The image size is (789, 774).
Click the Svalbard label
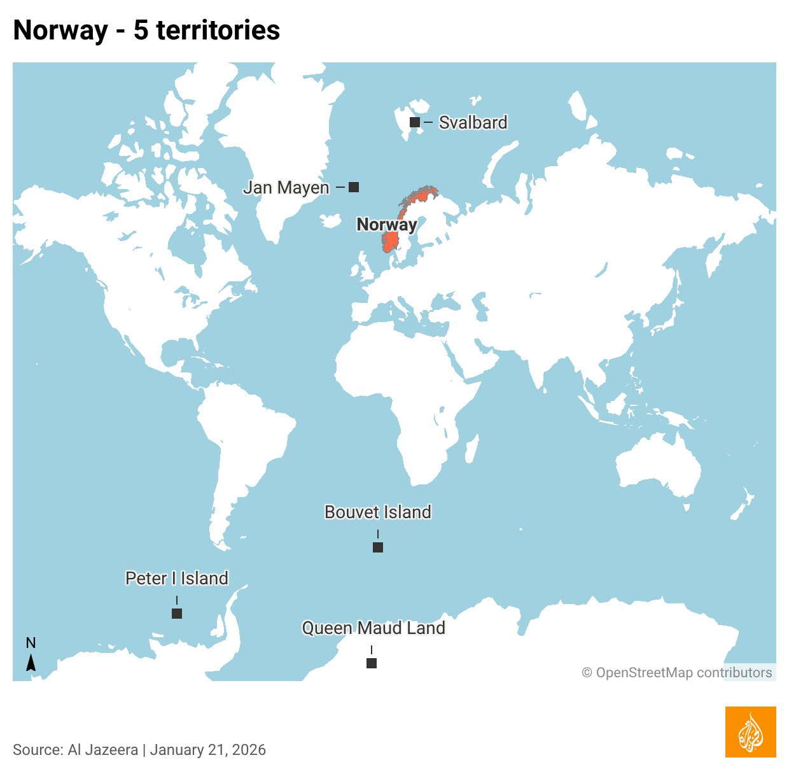click(473, 122)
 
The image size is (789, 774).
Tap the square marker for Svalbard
click(415, 122)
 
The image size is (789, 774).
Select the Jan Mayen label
click(286, 187)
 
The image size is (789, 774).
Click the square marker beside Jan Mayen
click(354, 187)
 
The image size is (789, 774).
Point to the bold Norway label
click(386, 224)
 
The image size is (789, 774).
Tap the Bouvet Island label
click(378, 512)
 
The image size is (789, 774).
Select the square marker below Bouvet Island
click(378, 547)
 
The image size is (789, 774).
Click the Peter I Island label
click(177, 578)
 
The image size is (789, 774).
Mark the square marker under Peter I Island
click(177, 614)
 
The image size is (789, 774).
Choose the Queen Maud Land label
click(374, 628)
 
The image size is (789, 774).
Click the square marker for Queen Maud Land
click(372, 663)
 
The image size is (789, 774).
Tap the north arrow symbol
click(31, 662)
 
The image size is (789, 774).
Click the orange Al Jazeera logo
click(750, 732)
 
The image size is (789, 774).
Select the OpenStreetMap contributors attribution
click(677, 672)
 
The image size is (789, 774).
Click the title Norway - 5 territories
click(146, 30)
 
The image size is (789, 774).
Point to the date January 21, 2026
click(208, 750)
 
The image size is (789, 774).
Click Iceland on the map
click(331, 221)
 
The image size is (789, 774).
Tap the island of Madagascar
click(471, 448)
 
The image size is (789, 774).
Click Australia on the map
click(659, 468)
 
